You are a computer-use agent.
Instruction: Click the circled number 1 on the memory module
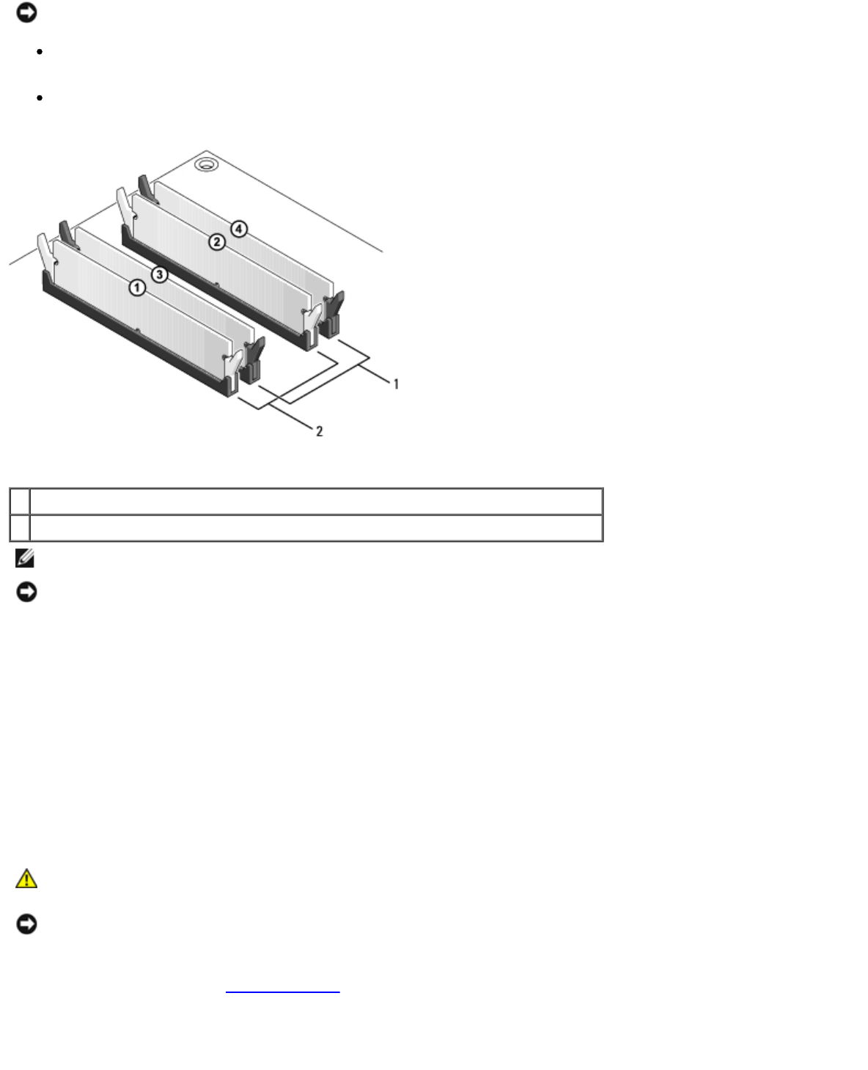pyautogui.click(x=137, y=287)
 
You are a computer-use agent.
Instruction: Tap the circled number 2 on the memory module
pyautogui.click(x=217, y=242)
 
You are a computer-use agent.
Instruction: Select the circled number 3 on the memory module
pyautogui.click(x=160, y=275)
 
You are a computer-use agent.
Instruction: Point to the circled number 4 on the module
pyautogui.click(x=239, y=229)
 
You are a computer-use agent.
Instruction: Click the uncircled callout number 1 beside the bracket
pyautogui.click(x=396, y=384)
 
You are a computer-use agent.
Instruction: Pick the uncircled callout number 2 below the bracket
pyautogui.click(x=320, y=431)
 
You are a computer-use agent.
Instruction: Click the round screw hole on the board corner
pyautogui.click(x=206, y=164)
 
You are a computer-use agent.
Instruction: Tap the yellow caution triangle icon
pyautogui.click(x=26, y=879)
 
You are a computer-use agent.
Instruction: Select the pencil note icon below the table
pyautogui.click(x=25, y=558)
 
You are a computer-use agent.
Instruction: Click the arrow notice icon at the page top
pyautogui.click(x=26, y=12)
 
